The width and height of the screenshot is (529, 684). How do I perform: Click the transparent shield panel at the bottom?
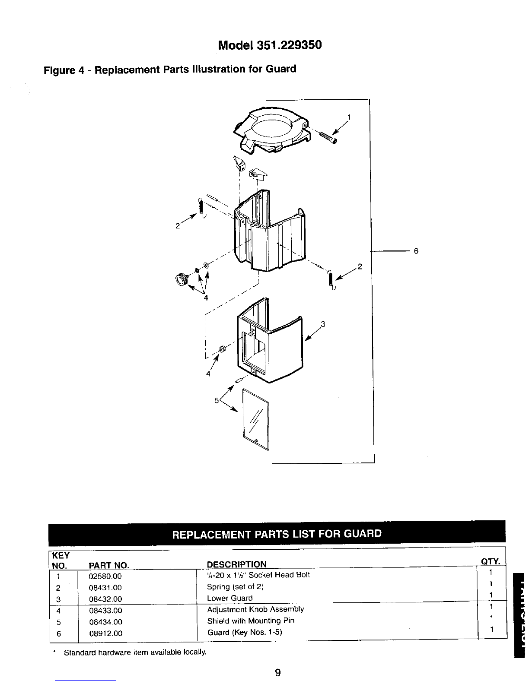pos(256,418)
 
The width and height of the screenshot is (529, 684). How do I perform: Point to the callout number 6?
pos(416,251)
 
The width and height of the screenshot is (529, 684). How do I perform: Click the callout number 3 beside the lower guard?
pos(322,324)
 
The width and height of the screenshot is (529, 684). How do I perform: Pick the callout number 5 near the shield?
pos(217,400)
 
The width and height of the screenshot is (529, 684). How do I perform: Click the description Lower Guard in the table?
pos(230,598)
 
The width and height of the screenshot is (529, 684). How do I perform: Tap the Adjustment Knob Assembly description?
pos(255,609)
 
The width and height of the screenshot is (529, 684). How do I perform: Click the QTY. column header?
pos(490,561)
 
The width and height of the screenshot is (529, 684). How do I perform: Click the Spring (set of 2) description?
pos(236,587)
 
